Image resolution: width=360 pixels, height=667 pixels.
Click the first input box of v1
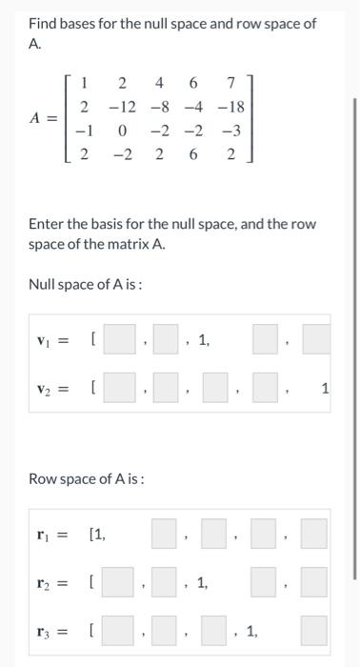pyautogui.click(x=120, y=338)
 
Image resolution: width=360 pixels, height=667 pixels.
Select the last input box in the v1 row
pyautogui.click(x=316, y=338)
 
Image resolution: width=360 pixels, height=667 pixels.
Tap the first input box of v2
pyautogui.click(x=120, y=388)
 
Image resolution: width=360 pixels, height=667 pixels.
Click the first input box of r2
pyautogui.click(x=120, y=581)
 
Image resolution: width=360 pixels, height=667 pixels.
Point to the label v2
pyautogui.click(x=45, y=389)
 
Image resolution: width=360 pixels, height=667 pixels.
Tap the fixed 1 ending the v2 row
pyautogui.click(x=325, y=388)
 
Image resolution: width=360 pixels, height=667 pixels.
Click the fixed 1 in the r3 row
pyautogui.click(x=251, y=631)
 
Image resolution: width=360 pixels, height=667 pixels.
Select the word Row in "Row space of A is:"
pyautogui.click(x=43, y=478)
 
